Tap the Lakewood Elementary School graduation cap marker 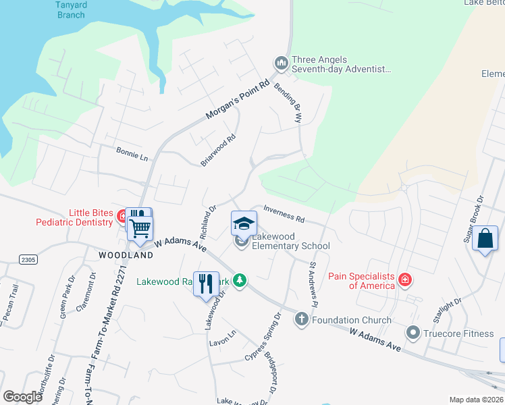[244, 222]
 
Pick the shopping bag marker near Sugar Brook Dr [485, 238]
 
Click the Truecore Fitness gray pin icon [413, 332]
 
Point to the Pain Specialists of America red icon [404, 279]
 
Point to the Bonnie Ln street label [132, 154]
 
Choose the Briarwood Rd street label [217, 151]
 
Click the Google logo [23, 397]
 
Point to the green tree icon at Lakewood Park [240, 280]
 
